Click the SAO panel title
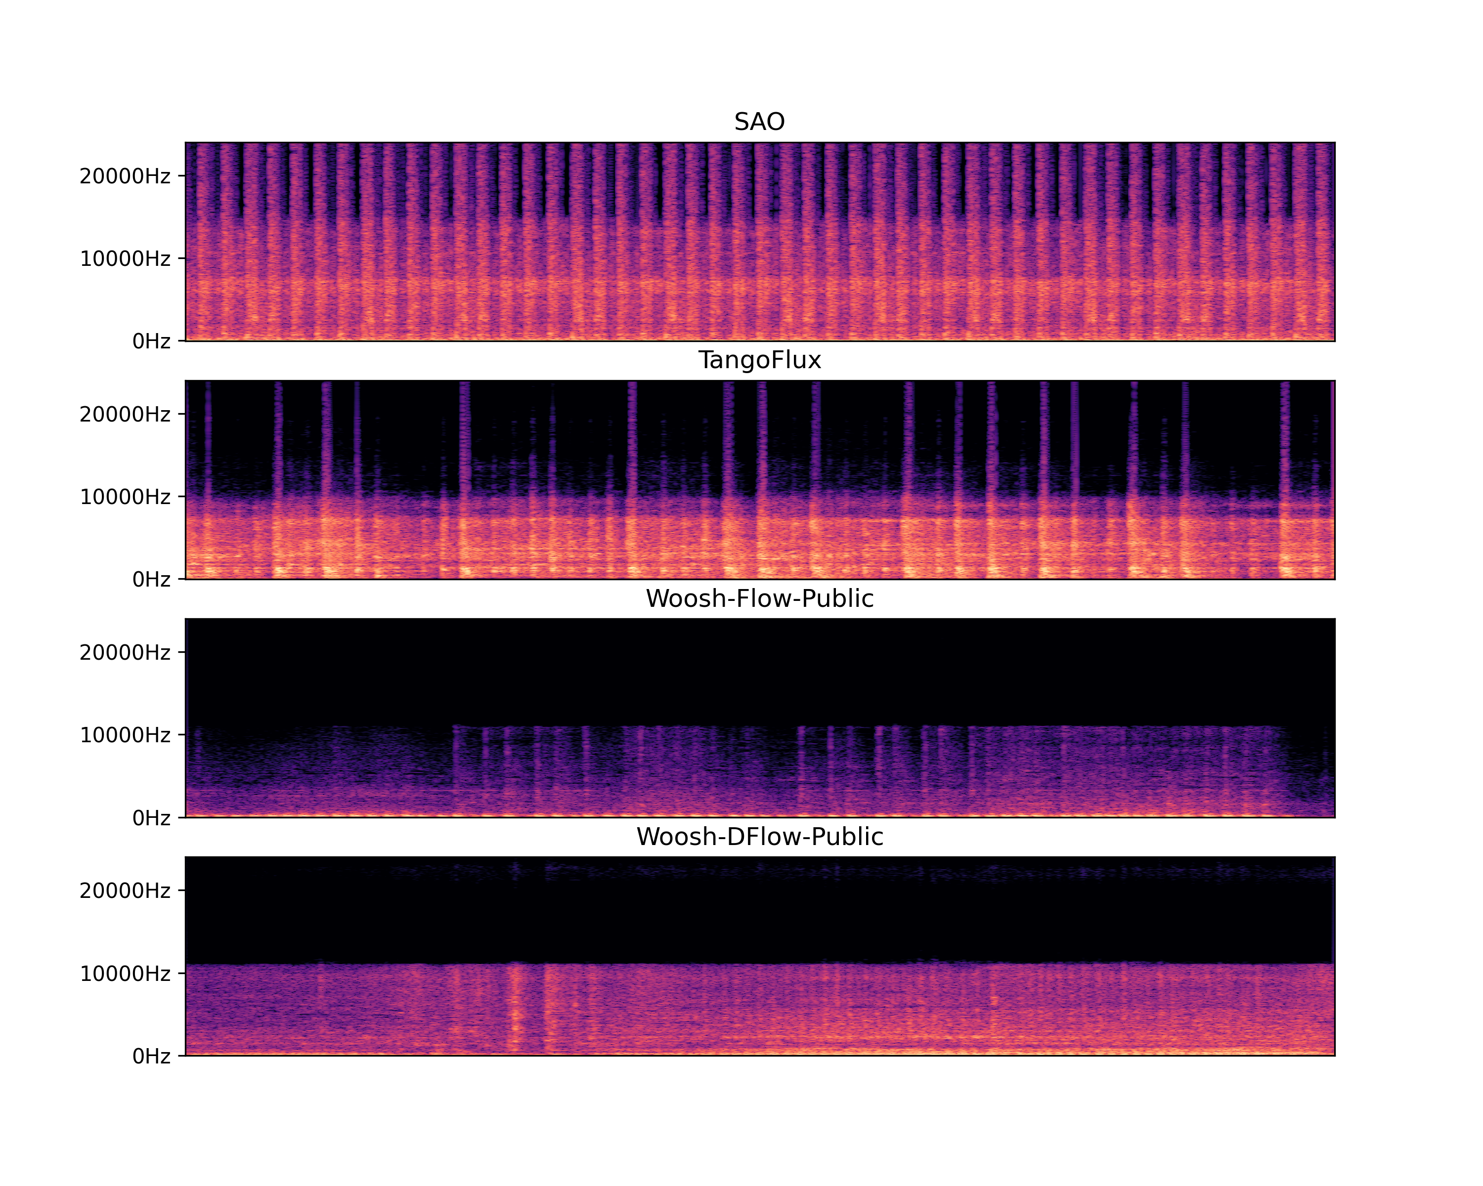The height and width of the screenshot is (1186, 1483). [x=759, y=122]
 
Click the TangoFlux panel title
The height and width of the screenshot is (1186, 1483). [x=759, y=360]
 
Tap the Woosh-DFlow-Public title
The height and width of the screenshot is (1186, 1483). [x=759, y=837]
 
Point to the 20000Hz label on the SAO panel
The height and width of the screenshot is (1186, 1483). [x=125, y=176]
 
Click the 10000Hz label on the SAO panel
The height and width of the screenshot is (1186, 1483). [x=125, y=258]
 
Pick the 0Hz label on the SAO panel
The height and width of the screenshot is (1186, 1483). [x=151, y=341]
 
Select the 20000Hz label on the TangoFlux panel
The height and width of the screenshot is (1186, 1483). [x=125, y=414]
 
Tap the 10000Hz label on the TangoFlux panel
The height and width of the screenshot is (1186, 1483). [x=125, y=497]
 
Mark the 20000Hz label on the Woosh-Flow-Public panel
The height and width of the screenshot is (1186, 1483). [x=125, y=652]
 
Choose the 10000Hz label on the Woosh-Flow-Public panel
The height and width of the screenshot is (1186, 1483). [x=125, y=735]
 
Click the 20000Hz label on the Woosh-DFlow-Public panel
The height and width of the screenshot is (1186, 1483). [x=125, y=890]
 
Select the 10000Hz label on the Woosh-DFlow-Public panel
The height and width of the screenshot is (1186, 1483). [x=125, y=974]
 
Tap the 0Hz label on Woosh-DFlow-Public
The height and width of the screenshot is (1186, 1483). [x=151, y=1056]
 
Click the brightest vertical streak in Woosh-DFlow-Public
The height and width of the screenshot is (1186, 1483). [x=515, y=1011]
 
